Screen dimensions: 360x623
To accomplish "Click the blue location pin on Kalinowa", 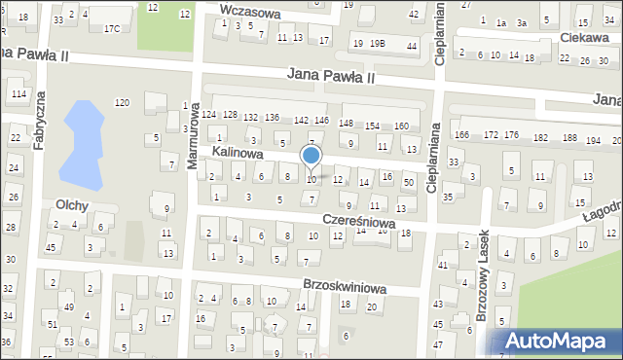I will (311, 156).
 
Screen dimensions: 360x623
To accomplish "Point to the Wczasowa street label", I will (250, 13).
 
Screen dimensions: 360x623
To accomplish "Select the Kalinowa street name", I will (238, 154).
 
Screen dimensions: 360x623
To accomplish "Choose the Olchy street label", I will (73, 205).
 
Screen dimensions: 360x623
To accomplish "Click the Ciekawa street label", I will (584, 37).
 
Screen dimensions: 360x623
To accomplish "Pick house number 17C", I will (112, 29).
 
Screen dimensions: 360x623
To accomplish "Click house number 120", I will (122, 103).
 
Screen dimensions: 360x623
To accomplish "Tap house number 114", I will (18, 93).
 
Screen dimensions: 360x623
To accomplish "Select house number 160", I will (401, 126).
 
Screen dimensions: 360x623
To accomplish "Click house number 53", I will (69, 342).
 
